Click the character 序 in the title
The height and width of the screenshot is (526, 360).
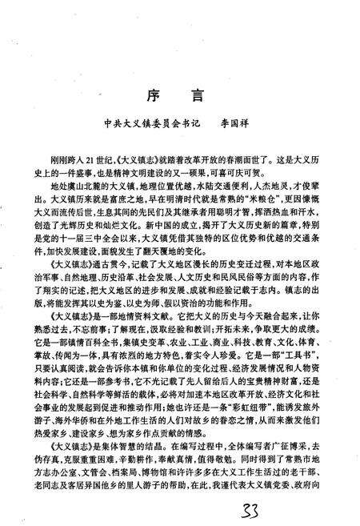[154, 94]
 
